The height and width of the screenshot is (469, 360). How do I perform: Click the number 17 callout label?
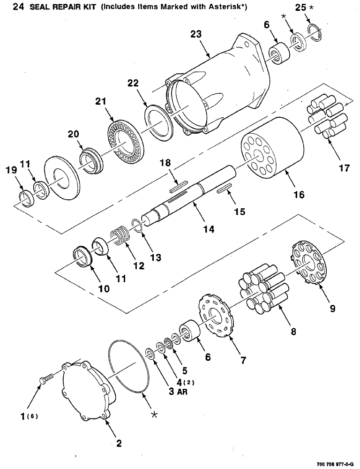click(x=344, y=168)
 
